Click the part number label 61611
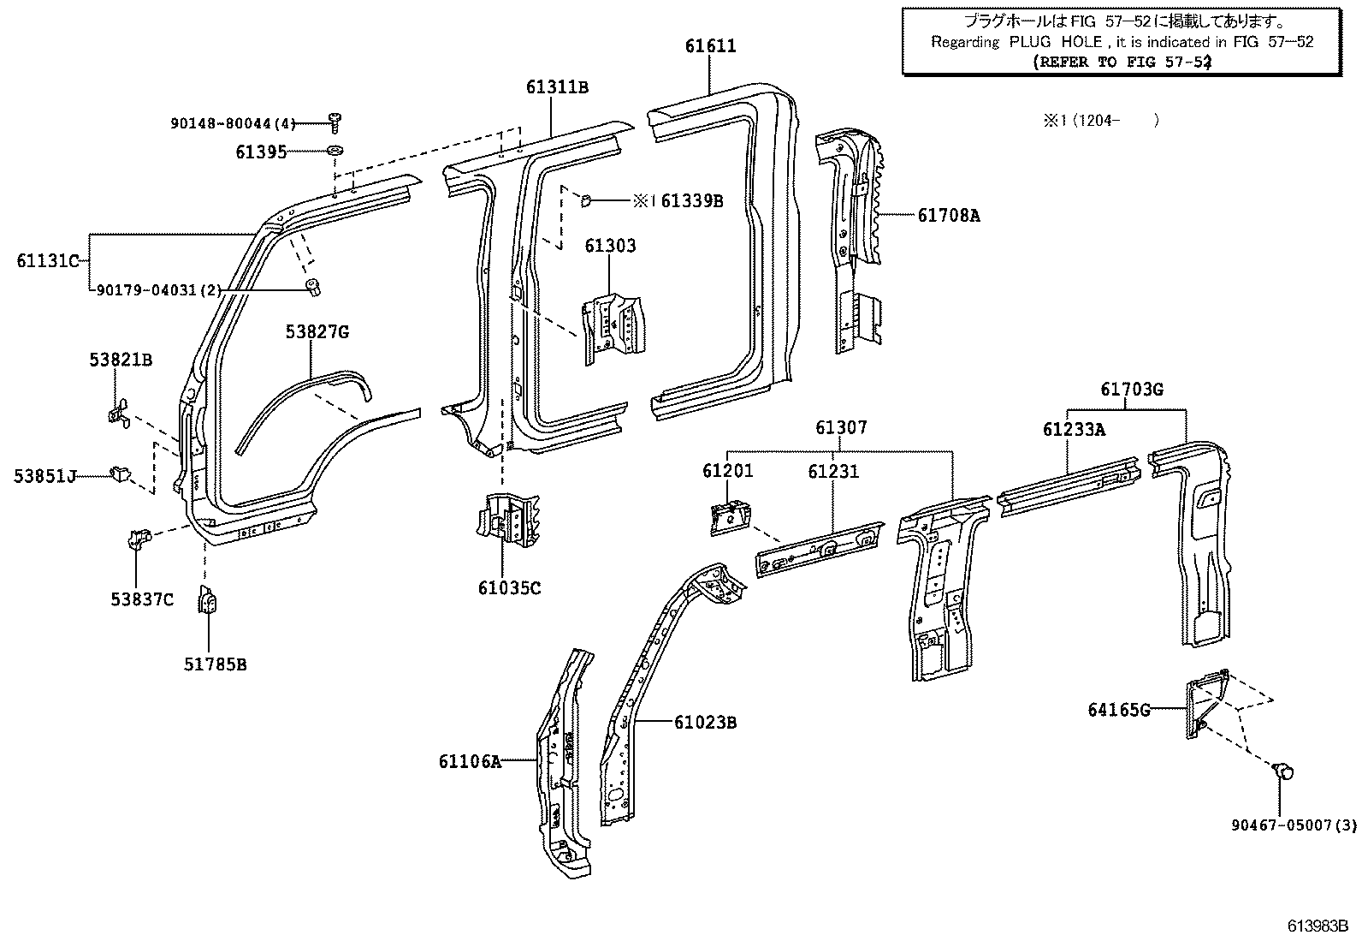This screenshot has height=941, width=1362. (x=710, y=46)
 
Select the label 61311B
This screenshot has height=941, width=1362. (x=557, y=87)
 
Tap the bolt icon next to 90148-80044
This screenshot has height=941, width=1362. (x=334, y=122)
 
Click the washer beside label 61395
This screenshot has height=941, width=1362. (x=335, y=152)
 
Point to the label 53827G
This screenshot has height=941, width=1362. (x=317, y=332)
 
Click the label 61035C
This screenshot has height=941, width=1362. (x=509, y=588)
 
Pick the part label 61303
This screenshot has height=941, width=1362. (x=610, y=247)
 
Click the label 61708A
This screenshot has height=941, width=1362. (x=949, y=216)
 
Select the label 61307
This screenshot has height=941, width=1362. (x=840, y=427)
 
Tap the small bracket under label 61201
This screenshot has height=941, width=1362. (x=728, y=518)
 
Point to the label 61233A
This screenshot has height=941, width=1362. (x=1073, y=430)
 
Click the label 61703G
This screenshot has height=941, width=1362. (x=1131, y=390)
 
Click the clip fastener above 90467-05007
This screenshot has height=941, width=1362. (x=1282, y=771)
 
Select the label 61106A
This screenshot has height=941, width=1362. (x=470, y=761)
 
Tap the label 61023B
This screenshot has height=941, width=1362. (x=705, y=723)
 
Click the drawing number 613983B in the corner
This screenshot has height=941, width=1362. (x=1318, y=926)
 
